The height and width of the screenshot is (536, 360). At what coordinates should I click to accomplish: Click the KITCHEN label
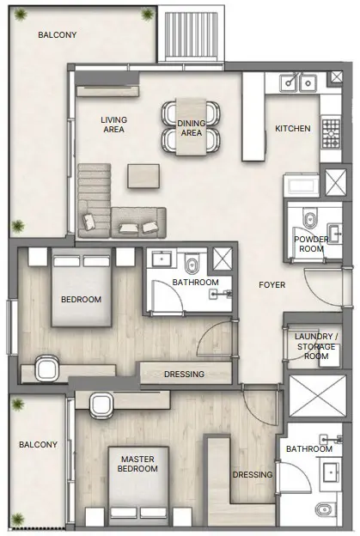(x=292, y=128)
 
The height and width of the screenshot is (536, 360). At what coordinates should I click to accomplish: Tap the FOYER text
(x=272, y=284)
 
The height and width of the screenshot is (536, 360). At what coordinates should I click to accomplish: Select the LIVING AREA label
(x=113, y=125)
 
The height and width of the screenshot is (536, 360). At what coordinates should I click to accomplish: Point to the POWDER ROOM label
(x=309, y=244)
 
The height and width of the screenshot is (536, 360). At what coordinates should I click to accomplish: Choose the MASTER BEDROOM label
(x=137, y=464)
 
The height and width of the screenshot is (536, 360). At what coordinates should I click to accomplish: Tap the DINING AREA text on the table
(x=191, y=128)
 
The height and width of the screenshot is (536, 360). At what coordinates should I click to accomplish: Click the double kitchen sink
(x=296, y=83)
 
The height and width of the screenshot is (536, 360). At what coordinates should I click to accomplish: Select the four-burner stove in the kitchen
(x=331, y=131)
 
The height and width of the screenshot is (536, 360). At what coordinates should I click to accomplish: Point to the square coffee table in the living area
(x=143, y=175)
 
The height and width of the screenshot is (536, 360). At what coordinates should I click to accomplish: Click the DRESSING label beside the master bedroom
(x=252, y=474)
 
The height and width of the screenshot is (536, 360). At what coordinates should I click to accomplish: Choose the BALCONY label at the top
(x=57, y=35)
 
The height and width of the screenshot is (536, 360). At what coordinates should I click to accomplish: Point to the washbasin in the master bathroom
(x=332, y=470)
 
